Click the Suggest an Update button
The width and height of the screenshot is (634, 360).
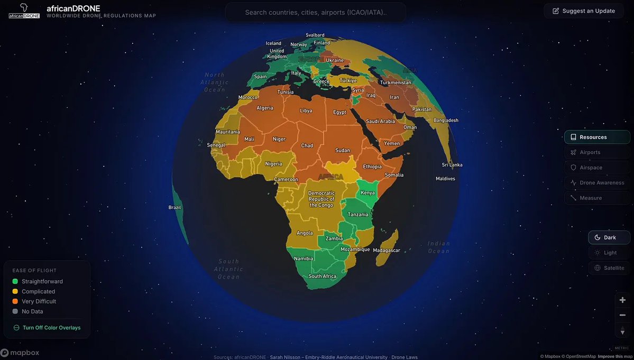[x=584, y=11]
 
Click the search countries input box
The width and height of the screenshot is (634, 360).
[x=316, y=12]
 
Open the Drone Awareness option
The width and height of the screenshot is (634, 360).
[x=597, y=183]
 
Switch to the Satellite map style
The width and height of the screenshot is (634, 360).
[x=609, y=268]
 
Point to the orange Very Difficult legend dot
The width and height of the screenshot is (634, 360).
[x=15, y=301]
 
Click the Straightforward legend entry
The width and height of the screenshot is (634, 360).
[x=42, y=281]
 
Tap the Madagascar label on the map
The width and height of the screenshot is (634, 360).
[x=387, y=250]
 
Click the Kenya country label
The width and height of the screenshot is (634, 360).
[x=367, y=193]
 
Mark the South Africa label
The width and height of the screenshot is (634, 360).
[x=323, y=276]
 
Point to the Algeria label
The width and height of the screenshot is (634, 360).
[x=265, y=108]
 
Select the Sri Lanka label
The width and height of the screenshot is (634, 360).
[x=452, y=165]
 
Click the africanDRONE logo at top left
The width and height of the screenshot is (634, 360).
[x=24, y=11]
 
